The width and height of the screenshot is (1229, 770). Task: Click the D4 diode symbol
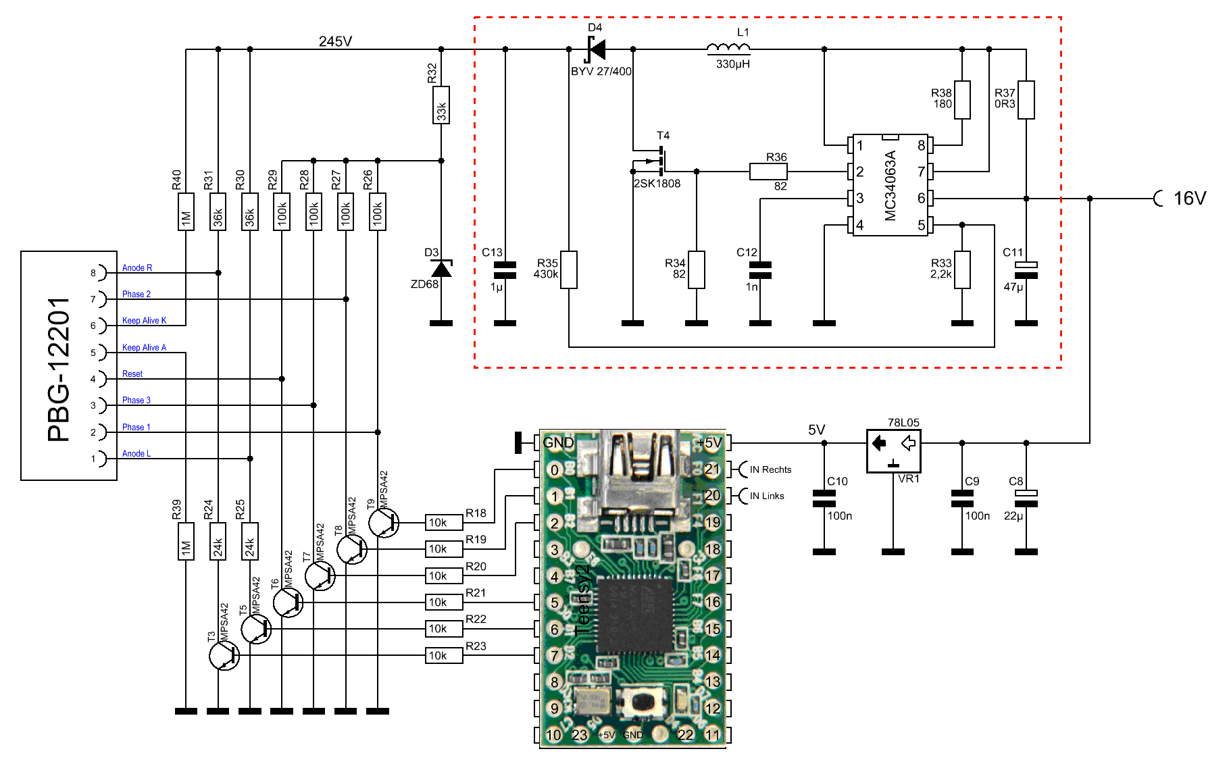(x=596, y=49)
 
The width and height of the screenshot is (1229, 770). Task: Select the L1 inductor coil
(x=728, y=48)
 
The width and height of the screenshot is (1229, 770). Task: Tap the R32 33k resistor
(x=441, y=105)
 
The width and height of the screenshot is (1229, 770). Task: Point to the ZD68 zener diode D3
(x=441, y=269)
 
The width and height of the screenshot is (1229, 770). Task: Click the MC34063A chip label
(x=891, y=186)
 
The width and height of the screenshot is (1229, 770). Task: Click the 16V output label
(x=1189, y=199)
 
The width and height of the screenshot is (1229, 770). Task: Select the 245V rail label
(x=335, y=41)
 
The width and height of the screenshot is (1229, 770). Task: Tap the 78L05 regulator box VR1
(x=893, y=451)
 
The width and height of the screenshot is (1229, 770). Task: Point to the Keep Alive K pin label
(x=144, y=321)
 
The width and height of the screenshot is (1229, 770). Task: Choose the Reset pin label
(x=132, y=374)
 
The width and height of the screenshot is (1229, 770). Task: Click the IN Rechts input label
(x=770, y=469)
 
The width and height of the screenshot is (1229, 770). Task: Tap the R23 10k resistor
(x=444, y=655)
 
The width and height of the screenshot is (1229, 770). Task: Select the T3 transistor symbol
(x=224, y=655)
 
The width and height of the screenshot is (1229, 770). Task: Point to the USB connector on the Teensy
(x=638, y=473)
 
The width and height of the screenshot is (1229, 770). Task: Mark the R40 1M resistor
(x=186, y=212)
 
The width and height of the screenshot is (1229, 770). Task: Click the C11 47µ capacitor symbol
(x=1026, y=269)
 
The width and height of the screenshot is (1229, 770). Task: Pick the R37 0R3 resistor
(x=1026, y=100)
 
